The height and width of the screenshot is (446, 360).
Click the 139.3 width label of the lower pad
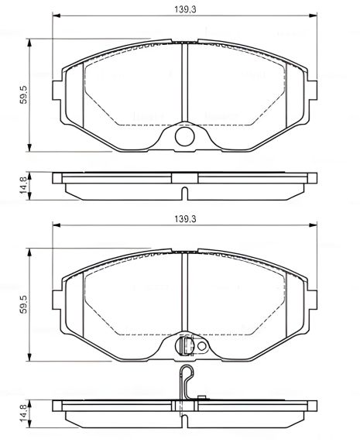184,220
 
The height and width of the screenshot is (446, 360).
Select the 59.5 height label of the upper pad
24,94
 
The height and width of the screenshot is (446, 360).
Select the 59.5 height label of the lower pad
24,304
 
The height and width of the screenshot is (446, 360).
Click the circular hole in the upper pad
184,138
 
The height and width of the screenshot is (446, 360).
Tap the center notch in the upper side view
184,192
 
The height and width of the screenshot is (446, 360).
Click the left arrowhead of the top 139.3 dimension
55,15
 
